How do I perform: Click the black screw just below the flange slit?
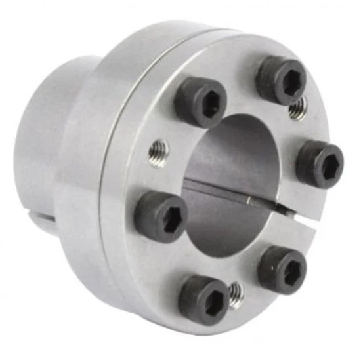(282, 268)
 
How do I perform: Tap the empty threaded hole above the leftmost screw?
(158, 152)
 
